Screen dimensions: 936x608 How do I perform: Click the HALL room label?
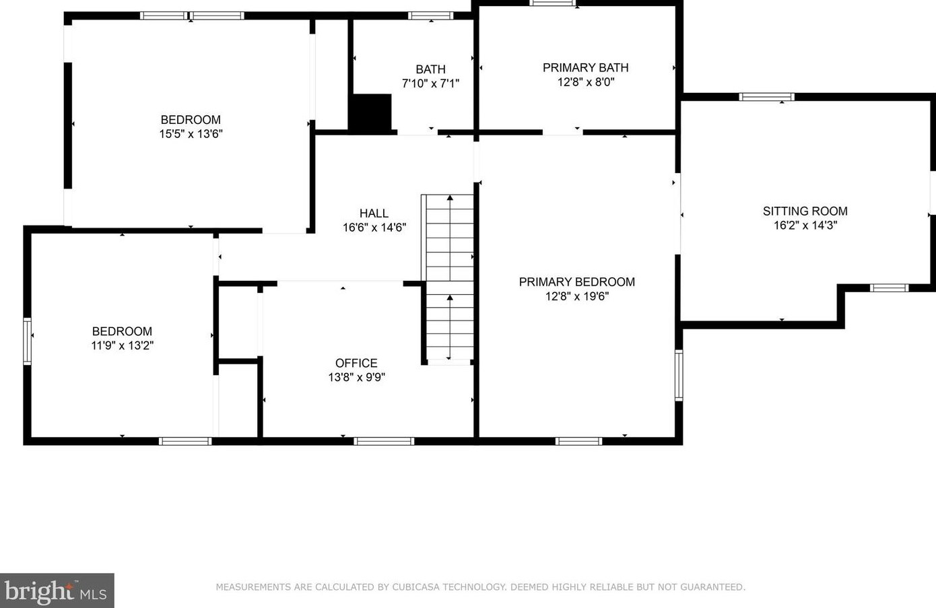pos(374,213)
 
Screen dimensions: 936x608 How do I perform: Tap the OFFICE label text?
pos(356,363)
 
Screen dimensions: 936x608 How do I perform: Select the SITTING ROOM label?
pos(805,211)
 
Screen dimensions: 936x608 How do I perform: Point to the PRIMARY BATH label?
pos(585,68)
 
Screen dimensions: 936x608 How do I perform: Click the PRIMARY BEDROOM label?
pos(577,282)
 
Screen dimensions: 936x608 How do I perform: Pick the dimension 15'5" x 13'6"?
pos(191,134)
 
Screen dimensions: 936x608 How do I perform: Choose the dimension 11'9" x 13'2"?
pos(123,345)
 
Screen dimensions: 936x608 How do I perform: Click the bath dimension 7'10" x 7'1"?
pos(430,83)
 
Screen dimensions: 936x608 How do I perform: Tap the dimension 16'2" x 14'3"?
pos(805,226)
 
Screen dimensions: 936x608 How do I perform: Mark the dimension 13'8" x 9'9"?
pos(356,377)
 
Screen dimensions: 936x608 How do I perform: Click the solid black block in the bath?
pos(370,113)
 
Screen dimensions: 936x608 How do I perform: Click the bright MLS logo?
pos(57,590)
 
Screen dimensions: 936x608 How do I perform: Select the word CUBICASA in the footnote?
pos(415,587)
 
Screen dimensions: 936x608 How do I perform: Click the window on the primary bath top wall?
pos(553,3)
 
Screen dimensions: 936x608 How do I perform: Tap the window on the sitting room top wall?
pos(767,97)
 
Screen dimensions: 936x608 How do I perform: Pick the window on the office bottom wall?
pos(384,441)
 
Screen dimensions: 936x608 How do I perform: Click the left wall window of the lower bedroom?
pos(27,341)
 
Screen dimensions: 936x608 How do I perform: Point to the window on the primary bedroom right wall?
pos(679,376)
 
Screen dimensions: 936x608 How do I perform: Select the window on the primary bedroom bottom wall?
pos(578,441)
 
